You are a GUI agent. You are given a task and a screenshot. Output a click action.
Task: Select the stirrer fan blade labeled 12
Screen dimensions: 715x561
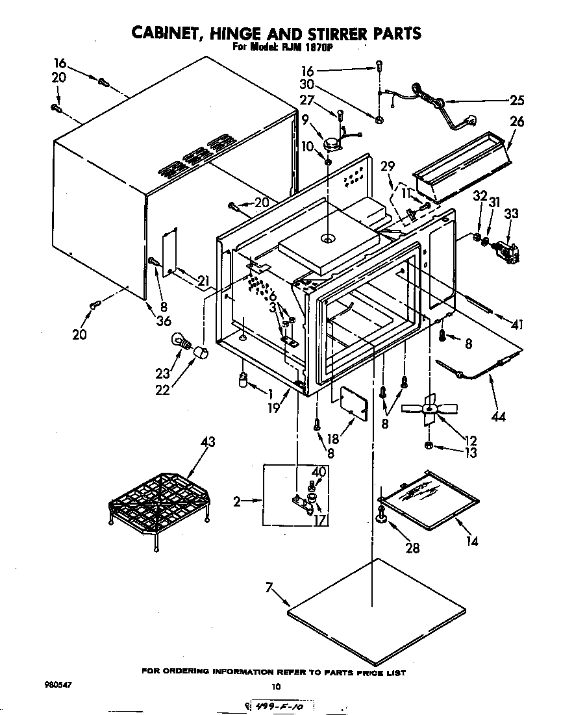(427, 409)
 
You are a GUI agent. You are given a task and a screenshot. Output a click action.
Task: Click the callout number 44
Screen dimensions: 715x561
(498, 416)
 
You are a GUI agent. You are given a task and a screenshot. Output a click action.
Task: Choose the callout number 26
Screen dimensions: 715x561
(517, 121)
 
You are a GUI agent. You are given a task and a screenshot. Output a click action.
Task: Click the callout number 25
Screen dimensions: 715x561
(517, 100)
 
